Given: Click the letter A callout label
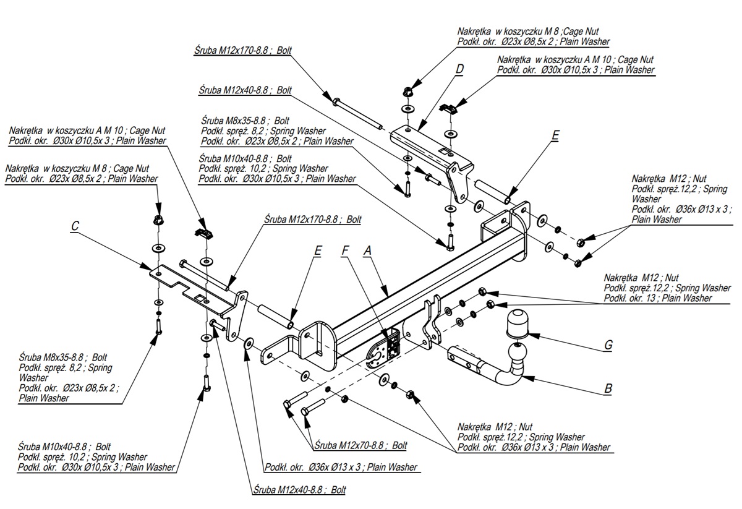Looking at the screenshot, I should [367, 250].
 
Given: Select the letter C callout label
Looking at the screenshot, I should [75, 226].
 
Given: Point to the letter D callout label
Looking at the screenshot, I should [459, 70].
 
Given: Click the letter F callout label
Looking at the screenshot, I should [346, 250].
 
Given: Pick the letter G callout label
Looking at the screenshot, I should [608, 344].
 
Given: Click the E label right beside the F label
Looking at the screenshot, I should [318, 250].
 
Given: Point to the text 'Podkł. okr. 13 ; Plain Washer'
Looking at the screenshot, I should [658, 298].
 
